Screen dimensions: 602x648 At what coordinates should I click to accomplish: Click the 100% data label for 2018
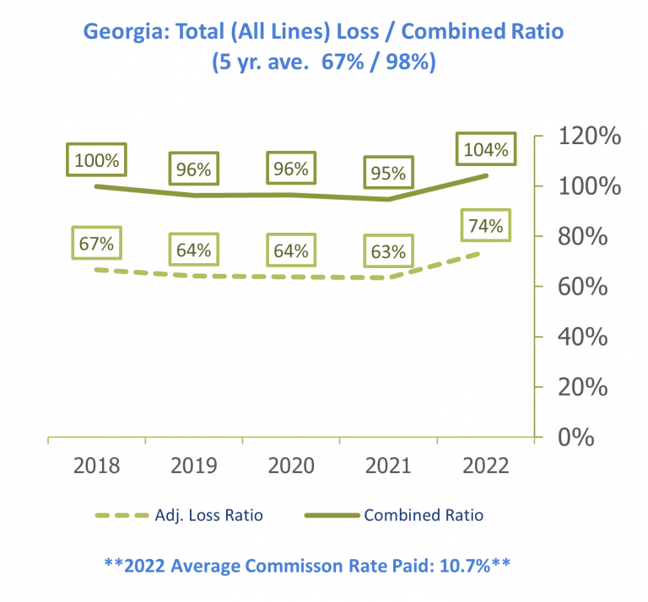(96, 159)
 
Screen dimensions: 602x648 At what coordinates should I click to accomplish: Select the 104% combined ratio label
(485, 150)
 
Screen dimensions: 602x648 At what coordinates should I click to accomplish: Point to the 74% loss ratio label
(485, 226)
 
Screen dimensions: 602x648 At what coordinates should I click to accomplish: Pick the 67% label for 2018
(96, 244)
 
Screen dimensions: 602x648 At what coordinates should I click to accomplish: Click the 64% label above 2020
(291, 250)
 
